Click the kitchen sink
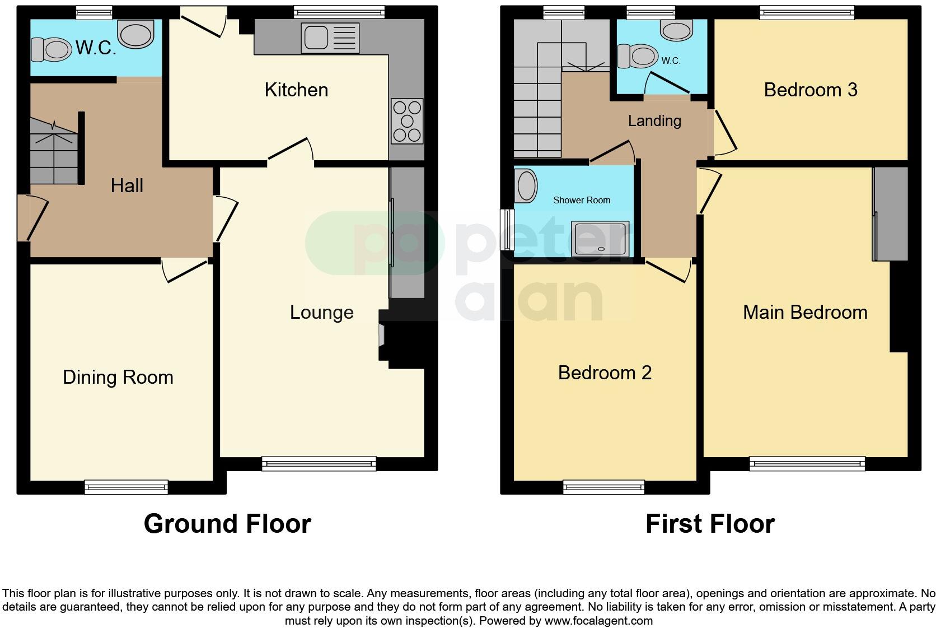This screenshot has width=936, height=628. (x=330, y=38)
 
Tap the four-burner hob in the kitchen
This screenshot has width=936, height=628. (x=407, y=121)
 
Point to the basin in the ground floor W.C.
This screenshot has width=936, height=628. (x=136, y=35)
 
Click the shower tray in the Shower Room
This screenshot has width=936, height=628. (x=600, y=238)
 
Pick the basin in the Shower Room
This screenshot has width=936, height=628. (x=526, y=186)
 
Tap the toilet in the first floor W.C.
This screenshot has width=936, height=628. (x=638, y=56)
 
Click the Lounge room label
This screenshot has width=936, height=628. (x=321, y=312)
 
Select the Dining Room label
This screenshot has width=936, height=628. (x=118, y=377)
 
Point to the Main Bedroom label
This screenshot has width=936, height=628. (x=804, y=312)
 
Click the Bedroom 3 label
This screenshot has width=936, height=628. (x=810, y=90)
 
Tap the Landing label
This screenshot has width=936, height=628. (x=654, y=120)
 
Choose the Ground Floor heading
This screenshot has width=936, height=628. (x=227, y=524)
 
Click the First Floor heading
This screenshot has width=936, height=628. (x=710, y=524)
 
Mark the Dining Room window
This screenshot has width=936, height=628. (x=127, y=487)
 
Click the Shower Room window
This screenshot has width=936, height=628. (x=507, y=230)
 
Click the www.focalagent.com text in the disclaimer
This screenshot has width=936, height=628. (x=598, y=621)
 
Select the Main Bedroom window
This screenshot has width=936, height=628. (x=807, y=463)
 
